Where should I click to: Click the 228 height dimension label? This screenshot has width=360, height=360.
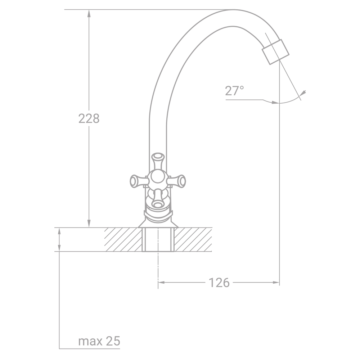pyautogui.click(x=89, y=118)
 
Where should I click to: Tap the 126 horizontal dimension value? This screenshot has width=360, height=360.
pyautogui.click(x=219, y=282)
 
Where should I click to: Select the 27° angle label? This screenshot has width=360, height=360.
pyautogui.click(x=234, y=91)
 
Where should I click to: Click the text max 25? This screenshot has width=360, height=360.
pyautogui.click(x=99, y=341)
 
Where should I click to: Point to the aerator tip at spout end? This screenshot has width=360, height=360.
pyautogui.click(x=275, y=52)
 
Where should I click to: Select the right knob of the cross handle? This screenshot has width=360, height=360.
pyautogui.click(x=177, y=180)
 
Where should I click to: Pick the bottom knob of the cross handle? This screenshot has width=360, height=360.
pyautogui.click(x=158, y=198)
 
